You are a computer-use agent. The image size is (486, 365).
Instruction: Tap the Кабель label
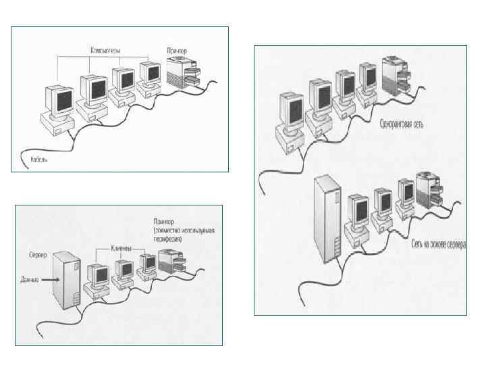point(40,160)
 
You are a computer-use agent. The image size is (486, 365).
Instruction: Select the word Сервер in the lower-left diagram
point(38,257)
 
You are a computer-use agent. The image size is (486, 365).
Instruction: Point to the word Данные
point(31,278)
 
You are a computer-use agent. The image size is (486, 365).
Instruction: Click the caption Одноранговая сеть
point(402,124)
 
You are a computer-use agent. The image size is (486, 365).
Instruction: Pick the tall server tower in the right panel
point(329,218)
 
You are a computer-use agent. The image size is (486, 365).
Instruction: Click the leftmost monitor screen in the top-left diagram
point(56,102)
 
